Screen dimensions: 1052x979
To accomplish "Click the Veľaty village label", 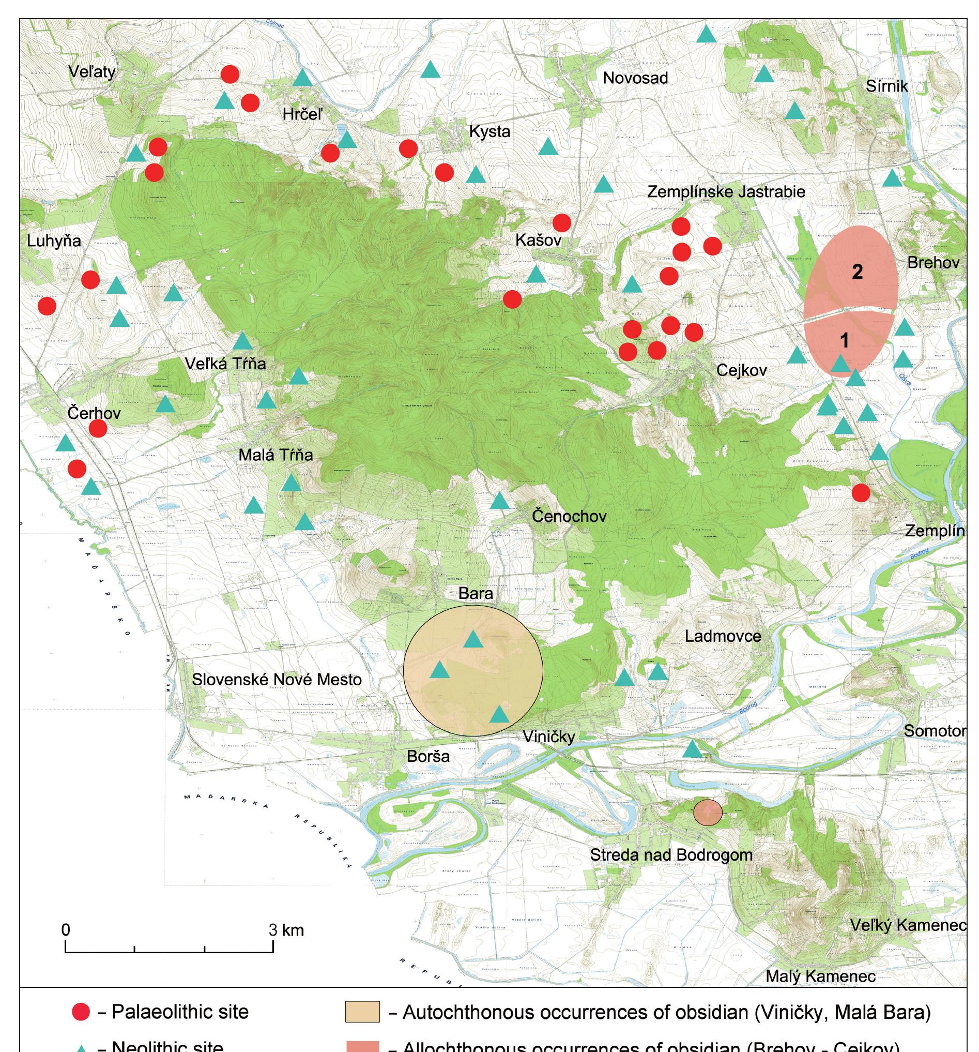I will pyautogui.click(x=92, y=72).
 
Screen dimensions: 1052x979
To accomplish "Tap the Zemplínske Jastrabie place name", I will pyautogui.click(x=726, y=191).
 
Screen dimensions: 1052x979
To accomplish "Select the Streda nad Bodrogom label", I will pyautogui.click(x=670, y=854).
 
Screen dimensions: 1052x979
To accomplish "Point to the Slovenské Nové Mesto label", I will pyautogui.click(x=277, y=680).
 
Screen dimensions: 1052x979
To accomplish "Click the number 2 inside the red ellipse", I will pyautogui.click(x=857, y=272).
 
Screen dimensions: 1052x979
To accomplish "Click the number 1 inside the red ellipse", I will pyautogui.click(x=844, y=341).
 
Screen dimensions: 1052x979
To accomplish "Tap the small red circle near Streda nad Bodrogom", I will pyautogui.click(x=708, y=813).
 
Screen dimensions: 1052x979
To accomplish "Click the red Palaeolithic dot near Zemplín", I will pyautogui.click(x=861, y=493).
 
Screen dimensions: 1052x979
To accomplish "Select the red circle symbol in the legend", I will pyautogui.click(x=81, y=1012).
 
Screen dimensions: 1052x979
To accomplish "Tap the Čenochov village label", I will pyautogui.click(x=569, y=516).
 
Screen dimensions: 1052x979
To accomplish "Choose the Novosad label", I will pyautogui.click(x=635, y=78).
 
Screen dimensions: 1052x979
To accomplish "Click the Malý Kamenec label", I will pyautogui.click(x=820, y=976).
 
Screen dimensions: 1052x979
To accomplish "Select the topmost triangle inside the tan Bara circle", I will pyautogui.click(x=473, y=640).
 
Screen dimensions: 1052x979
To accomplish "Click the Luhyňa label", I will pyautogui.click(x=54, y=242).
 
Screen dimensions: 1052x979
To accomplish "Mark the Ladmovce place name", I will pyautogui.click(x=723, y=636).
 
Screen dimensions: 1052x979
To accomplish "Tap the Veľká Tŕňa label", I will pyautogui.click(x=225, y=364).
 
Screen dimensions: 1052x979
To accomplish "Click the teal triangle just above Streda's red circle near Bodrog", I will pyautogui.click(x=692, y=749).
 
